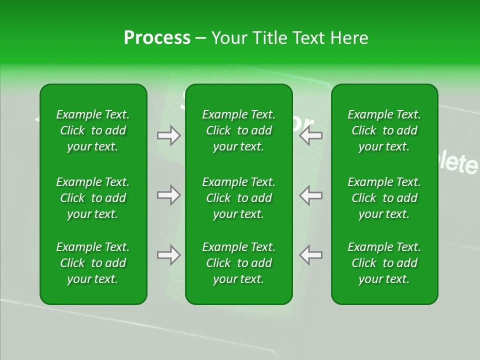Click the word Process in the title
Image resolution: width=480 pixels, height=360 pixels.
(157, 38)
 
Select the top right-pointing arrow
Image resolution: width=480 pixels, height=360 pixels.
(169, 135)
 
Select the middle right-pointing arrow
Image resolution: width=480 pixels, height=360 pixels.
(169, 195)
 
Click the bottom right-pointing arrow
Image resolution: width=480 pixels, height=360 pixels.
(169, 255)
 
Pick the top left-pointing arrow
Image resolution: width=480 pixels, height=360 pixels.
(310, 135)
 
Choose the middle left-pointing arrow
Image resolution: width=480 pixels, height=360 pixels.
(310, 195)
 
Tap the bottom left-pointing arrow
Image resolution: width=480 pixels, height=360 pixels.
(310, 255)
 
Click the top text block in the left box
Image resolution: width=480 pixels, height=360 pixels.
(93, 130)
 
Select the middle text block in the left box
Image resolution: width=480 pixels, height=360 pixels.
(93, 198)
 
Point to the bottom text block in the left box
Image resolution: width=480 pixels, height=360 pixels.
(93, 263)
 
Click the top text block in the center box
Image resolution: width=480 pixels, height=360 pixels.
(238, 130)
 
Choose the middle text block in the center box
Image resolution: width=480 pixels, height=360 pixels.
(238, 198)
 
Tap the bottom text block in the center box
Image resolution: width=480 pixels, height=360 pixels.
(238, 263)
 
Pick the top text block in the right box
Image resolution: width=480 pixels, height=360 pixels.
(384, 130)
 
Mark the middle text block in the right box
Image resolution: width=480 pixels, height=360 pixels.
(384, 198)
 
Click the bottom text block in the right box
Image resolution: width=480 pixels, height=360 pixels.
(384, 263)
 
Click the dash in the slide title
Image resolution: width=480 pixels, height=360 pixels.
(200, 38)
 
